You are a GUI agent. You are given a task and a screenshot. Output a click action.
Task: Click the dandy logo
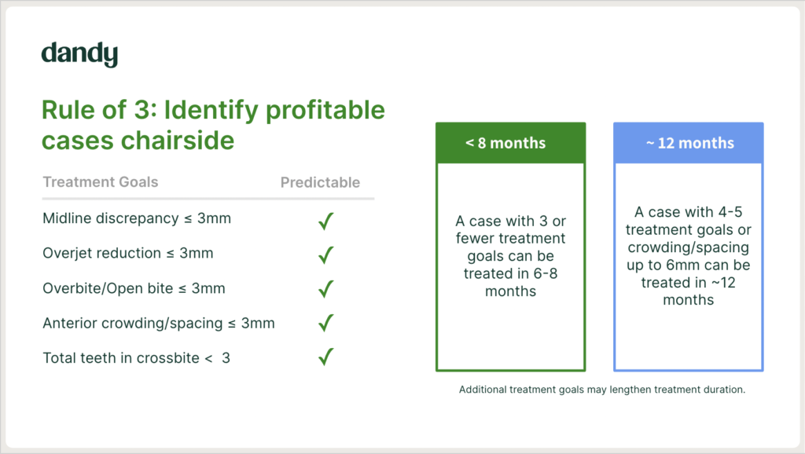79,54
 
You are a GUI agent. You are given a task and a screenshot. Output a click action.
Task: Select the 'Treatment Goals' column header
100,182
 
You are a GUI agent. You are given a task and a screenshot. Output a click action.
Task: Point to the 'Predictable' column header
320,183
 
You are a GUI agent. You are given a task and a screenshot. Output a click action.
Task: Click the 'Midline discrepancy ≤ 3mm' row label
137,218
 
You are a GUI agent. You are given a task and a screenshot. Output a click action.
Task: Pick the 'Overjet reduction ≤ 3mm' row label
127,254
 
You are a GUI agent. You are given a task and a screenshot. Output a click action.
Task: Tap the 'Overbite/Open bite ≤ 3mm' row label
134,288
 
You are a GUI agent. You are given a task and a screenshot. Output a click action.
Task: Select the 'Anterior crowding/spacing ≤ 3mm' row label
159,323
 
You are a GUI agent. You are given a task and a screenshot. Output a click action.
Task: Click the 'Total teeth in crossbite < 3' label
137,358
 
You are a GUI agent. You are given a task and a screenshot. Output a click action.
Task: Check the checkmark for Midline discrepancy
325,221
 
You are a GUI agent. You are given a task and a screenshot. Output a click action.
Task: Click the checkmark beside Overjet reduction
325,255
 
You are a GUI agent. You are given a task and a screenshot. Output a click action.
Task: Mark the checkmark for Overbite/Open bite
325,289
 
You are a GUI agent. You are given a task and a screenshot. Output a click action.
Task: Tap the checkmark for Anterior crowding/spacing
325,324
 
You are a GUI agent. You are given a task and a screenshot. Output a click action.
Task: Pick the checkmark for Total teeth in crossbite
325,357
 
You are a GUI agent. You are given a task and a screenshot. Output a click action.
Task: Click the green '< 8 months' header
510,144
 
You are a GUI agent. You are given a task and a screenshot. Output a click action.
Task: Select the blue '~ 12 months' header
688,144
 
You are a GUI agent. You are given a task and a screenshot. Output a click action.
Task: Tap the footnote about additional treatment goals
601,390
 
